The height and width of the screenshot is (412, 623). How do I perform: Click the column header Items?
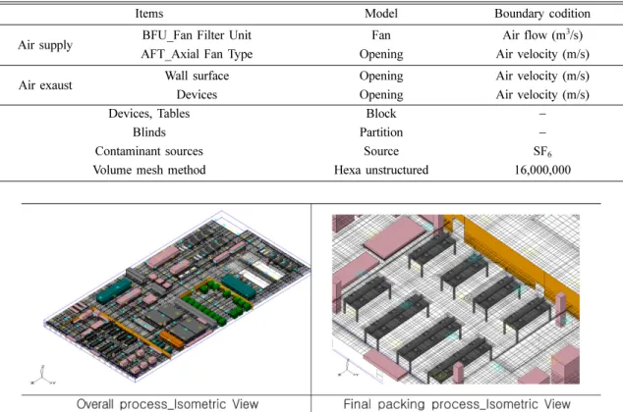[x=149, y=14]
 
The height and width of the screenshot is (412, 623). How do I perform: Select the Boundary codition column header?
[x=542, y=14]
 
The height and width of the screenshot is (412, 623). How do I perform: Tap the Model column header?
[x=381, y=14]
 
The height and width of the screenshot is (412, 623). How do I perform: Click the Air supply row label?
[x=45, y=45]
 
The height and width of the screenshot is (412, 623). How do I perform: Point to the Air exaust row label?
[x=45, y=85]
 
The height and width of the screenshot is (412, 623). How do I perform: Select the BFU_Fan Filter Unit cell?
[x=197, y=35]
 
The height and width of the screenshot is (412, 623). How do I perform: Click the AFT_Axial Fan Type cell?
[x=197, y=54]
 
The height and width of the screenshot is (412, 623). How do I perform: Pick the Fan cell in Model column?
[x=381, y=35]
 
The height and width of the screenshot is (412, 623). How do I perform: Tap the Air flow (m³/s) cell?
[x=542, y=35]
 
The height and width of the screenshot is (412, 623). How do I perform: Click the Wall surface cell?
[x=197, y=76]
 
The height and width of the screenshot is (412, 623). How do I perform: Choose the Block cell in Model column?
[x=381, y=114]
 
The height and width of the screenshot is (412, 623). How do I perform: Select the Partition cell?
[x=381, y=132]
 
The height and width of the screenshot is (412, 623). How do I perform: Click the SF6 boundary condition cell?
[x=542, y=151]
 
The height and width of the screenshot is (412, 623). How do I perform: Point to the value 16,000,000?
[x=542, y=170]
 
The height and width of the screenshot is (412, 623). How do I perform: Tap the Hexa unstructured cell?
[x=381, y=170]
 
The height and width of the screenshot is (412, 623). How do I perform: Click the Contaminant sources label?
[x=149, y=151]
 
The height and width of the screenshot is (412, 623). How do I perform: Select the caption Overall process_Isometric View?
[x=167, y=404]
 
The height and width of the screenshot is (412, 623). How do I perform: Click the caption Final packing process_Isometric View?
[x=457, y=404]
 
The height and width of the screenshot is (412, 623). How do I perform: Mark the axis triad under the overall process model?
[x=43, y=375]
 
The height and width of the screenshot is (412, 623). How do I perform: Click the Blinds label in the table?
[x=149, y=132]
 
